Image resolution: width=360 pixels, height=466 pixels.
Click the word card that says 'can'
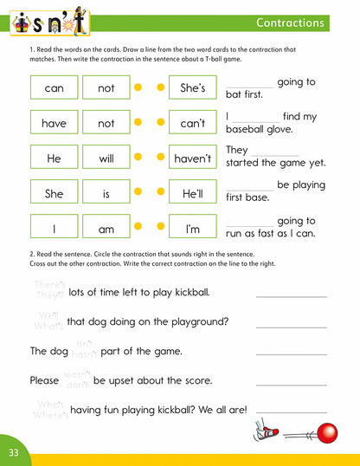(54, 88)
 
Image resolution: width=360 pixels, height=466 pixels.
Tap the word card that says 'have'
(54, 124)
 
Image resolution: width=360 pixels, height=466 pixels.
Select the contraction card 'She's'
(192, 88)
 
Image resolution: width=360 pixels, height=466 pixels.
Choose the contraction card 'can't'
(192, 124)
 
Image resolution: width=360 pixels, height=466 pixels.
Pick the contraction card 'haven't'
(192, 159)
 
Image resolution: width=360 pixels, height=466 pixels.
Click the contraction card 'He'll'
(192, 195)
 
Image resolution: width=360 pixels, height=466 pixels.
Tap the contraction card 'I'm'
(192, 230)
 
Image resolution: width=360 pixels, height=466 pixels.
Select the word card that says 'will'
(106, 159)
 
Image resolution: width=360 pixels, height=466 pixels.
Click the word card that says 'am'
(106, 230)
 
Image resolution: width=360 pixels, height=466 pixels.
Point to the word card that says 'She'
(54, 195)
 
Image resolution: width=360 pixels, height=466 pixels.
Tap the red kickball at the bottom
(327, 430)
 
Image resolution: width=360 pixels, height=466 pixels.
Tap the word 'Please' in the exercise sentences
(44, 380)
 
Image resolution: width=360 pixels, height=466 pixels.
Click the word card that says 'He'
(54, 159)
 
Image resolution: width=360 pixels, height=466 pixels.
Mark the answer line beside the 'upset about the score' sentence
(292, 384)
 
